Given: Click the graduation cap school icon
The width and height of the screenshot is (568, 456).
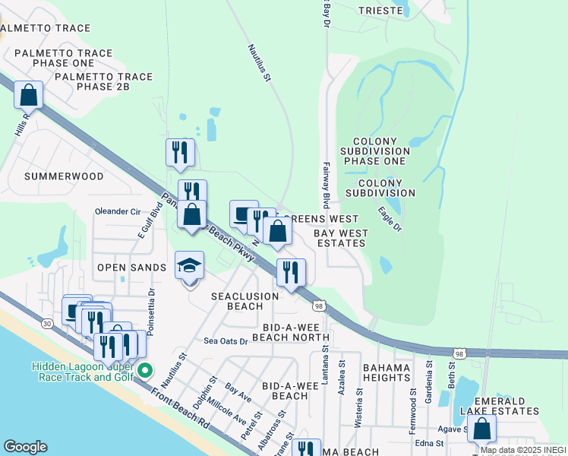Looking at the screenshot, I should (x=190, y=265).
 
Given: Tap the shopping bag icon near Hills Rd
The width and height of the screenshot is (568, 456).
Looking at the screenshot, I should (x=28, y=95).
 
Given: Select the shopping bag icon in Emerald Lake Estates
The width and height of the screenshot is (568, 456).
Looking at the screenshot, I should (x=482, y=429).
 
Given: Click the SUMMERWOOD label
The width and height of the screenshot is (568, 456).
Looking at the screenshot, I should (x=63, y=176).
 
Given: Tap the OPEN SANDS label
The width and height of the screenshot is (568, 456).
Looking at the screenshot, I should (x=131, y=268).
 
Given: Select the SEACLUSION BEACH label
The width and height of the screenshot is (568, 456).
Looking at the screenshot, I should (x=236, y=301).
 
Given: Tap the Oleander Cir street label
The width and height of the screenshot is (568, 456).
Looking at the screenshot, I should (x=118, y=211).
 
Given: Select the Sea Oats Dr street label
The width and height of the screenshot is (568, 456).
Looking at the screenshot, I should (x=226, y=341).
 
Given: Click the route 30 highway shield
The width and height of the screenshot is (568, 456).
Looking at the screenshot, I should (x=47, y=324).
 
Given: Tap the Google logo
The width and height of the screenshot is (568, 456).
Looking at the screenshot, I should (x=25, y=447).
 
